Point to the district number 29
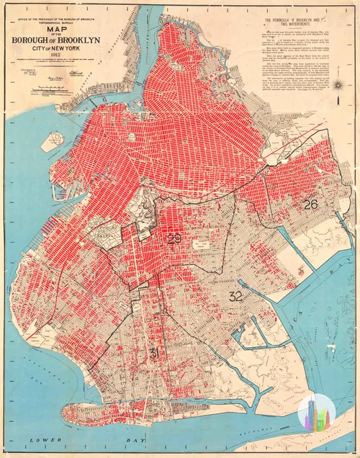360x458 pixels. point(174,239)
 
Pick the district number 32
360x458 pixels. point(235,296)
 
